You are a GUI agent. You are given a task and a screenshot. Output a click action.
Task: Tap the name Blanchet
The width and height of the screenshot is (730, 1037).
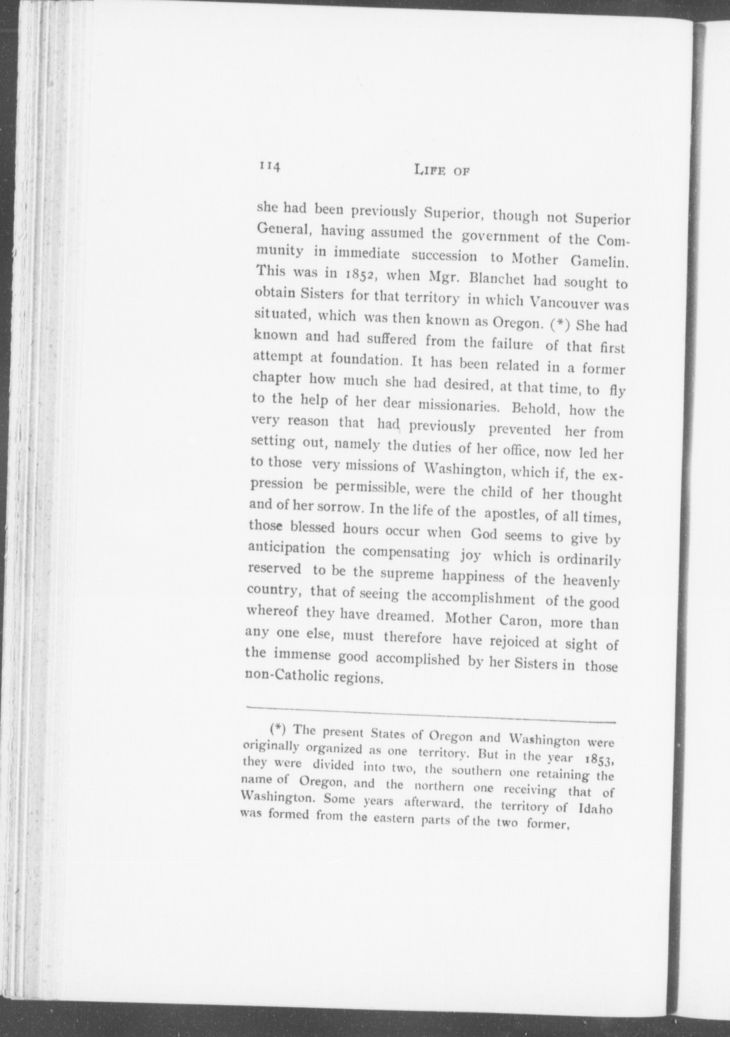click(x=493, y=280)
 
